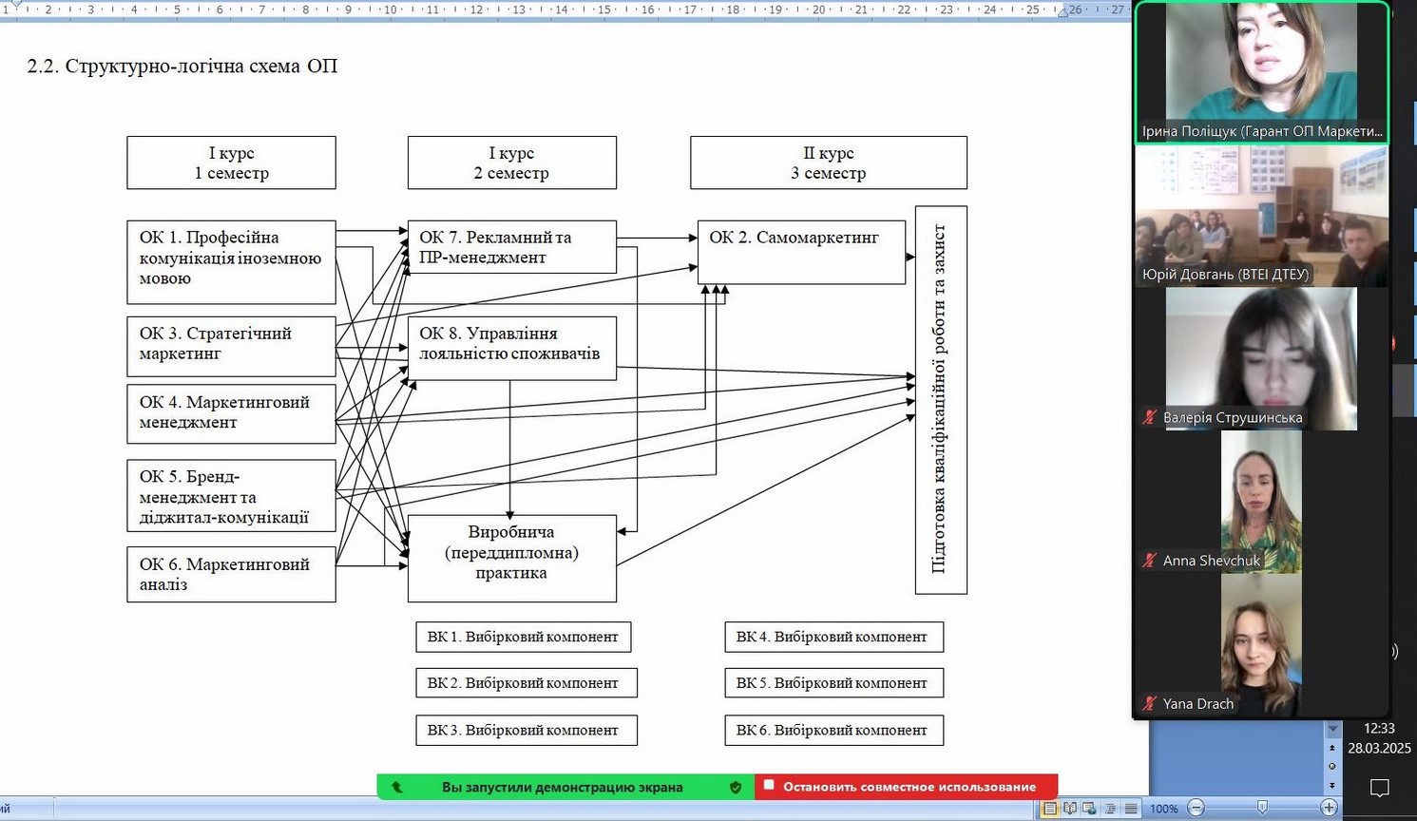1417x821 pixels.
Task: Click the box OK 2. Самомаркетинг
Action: pyautogui.click(x=801, y=252)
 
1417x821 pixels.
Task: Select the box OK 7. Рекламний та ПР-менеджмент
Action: pyautogui.click(x=511, y=247)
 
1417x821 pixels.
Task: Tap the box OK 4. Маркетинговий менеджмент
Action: pyautogui.click(x=231, y=413)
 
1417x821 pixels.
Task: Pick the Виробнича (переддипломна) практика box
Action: pyautogui.click(x=511, y=558)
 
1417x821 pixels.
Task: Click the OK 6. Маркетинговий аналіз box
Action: pyautogui.click(x=231, y=574)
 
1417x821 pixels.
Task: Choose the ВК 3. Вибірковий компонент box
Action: pyautogui.click(x=526, y=730)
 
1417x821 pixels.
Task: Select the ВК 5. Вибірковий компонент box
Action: pyautogui.click(x=833, y=683)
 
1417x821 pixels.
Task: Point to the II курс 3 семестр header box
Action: pyautogui.click(x=828, y=162)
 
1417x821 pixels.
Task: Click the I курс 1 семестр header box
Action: pyautogui.click(x=231, y=162)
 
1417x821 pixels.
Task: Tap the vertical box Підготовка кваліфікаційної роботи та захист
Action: pyautogui.click(x=940, y=400)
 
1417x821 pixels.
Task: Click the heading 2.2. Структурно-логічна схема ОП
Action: pyautogui.click(x=182, y=67)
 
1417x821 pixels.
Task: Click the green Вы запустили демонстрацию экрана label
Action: pyautogui.click(x=562, y=787)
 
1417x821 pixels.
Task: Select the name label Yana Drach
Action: pyautogui.click(x=1197, y=704)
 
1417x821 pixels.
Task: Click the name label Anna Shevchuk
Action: pyautogui.click(x=1211, y=561)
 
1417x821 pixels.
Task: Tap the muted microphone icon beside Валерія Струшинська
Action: pyautogui.click(x=1150, y=417)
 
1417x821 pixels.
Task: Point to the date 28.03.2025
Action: pyautogui.click(x=1378, y=748)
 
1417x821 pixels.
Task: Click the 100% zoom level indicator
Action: pyautogui.click(x=1163, y=809)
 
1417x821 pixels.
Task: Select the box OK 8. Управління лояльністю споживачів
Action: pyautogui.click(x=511, y=348)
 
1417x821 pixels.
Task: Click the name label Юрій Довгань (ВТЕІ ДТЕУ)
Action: pyautogui.click(x=1225, y=275)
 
